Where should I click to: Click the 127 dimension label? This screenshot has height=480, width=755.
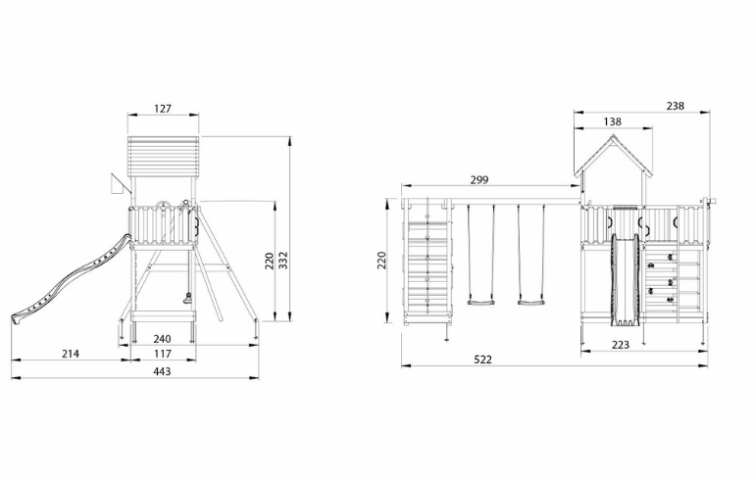[x=163, y=109]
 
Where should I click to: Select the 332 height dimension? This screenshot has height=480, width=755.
[x=283, y=261]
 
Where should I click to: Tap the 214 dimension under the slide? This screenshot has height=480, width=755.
[x=71, y=354]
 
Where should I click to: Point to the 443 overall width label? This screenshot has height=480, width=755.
[x=162, y=371]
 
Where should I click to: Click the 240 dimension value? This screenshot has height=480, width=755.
[x=162, y=339]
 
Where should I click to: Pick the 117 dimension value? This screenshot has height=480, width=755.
[x=163, y=354]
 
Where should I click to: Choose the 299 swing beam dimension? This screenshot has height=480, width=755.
[x=479, y=180]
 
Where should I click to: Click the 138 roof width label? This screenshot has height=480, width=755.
[x=612, y=121]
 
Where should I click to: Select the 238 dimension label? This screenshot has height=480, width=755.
[x=675, y=106]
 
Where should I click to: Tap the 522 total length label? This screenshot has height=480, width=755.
[x=483, y=360]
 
